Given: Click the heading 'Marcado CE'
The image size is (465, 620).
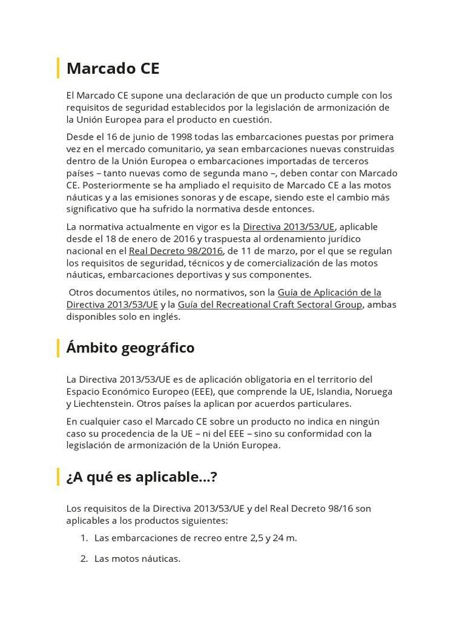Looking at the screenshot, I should pyautogui.click(x=113, y=68).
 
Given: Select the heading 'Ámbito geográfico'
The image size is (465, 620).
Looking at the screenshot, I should pyautogui.click(x=130, y=348).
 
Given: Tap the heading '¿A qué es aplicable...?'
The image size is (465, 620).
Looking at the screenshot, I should pyautogui.click(x=141, y=477).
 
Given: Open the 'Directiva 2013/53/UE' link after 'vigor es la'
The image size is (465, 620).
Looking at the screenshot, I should pyautogui.click(x=288, y=226).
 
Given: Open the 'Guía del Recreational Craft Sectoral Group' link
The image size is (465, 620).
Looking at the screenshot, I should pyautogui.click(x=270, y=305).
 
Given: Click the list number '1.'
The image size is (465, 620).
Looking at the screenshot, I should pyautogui.click(x=84, y=538).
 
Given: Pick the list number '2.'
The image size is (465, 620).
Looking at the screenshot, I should pyautogui.click(x=84, y=558).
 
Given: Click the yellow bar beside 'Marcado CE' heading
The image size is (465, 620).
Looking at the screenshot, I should pyautogui.click(x=58, y=68).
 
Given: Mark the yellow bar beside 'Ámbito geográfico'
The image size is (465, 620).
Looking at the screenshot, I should pyautogui.click(x=58, y=348).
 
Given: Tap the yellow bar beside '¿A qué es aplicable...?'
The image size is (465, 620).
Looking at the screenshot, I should pyautogui.click(x=58, y=477).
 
